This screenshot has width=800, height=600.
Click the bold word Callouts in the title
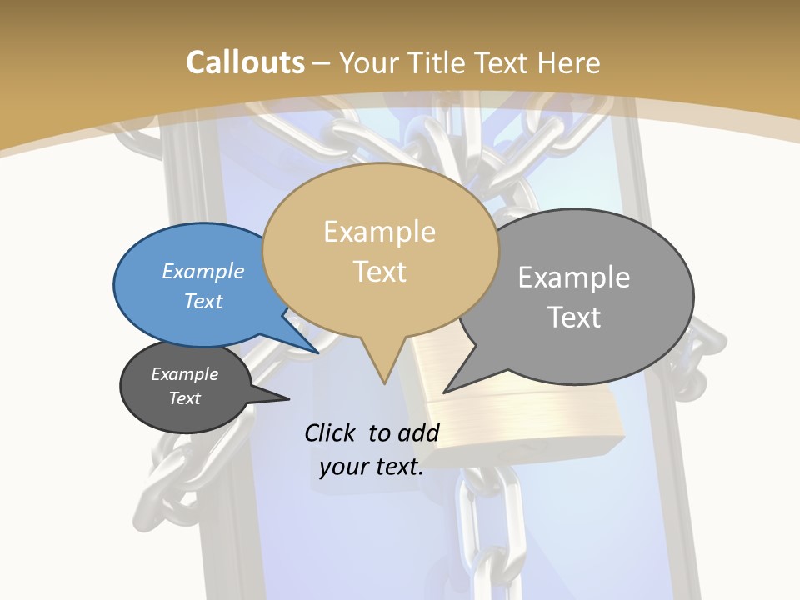tap(245, 62)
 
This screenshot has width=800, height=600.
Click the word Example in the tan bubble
tap(379, 232)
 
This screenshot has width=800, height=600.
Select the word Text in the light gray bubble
tap(574, 317)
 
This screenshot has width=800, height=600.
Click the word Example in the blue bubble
tap(202, 271)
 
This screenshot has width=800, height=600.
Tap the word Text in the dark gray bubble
tap(184, 398)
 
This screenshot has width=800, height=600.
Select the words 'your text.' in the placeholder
tap(371, 467)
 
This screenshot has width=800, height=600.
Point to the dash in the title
tap(322, 62)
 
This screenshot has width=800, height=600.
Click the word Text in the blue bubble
tap(202, 301)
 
